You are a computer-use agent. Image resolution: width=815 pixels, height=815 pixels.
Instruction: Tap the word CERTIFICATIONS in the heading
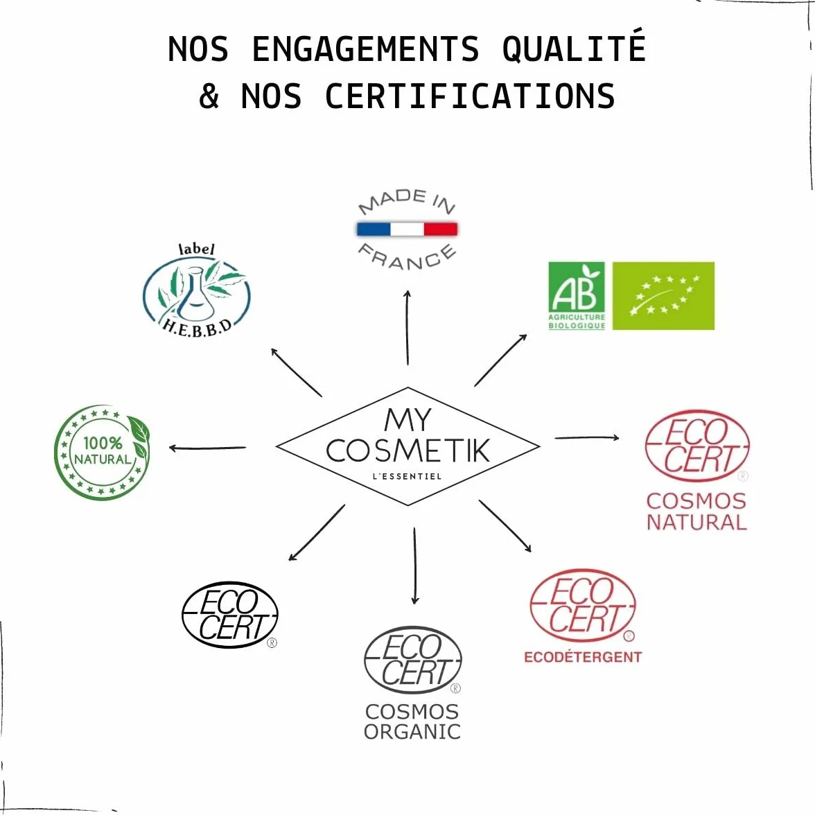(x=470, y=96)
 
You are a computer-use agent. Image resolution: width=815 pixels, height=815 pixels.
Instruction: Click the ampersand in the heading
(x=209, y=96)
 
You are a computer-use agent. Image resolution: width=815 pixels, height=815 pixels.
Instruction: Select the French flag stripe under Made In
(x=407, y=229)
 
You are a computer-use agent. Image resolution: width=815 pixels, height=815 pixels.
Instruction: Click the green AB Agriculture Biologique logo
(x=577, y=296)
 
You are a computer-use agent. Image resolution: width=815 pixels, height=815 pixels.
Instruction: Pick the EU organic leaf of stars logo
(x=663, y=296)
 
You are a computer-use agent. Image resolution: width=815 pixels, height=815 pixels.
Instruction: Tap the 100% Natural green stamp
(x=102, y=452)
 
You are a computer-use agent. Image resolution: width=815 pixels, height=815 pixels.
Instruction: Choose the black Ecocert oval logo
(x=230, y=615)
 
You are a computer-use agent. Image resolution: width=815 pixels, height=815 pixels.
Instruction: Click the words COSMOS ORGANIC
(x=412, y=721)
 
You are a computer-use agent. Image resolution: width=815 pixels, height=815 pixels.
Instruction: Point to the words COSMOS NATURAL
(x=696, y=511)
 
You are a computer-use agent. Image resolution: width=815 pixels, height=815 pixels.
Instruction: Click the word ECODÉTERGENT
(x=583, y=657)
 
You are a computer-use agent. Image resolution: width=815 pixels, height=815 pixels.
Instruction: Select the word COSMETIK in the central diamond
(x=408, y=450)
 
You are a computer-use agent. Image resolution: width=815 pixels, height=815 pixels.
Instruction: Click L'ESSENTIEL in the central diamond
(x=407, y=476)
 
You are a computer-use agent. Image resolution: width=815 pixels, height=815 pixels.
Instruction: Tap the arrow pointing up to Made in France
(x=407, y=328)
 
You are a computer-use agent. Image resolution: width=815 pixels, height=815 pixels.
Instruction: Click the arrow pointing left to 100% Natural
(x=207, y=448)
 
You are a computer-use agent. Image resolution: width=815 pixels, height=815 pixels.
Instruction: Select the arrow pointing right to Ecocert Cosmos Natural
(x=587, y=438)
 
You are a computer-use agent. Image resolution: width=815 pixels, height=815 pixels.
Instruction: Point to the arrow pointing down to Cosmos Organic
(x=414, y=566)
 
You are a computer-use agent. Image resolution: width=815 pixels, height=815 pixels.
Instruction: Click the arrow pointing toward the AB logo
(x=500, y=360)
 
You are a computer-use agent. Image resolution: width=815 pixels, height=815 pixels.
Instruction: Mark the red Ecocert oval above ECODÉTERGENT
(x=583, y=606)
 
